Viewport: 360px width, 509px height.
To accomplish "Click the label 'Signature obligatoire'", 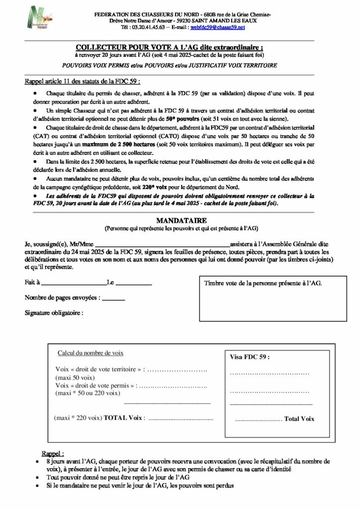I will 54,313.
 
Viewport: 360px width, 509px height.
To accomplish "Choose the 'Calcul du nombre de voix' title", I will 91,352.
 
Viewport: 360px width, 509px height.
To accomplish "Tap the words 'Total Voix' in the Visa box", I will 299,419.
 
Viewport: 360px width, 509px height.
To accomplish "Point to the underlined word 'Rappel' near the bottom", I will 53,454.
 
